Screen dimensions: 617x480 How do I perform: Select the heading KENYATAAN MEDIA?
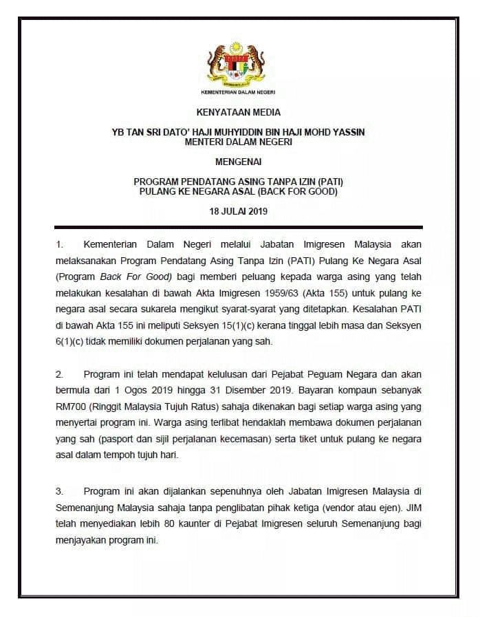click(239, 112)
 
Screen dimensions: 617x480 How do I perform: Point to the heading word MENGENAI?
click(239, 162)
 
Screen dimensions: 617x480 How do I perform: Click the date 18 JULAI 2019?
click(239, 211)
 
